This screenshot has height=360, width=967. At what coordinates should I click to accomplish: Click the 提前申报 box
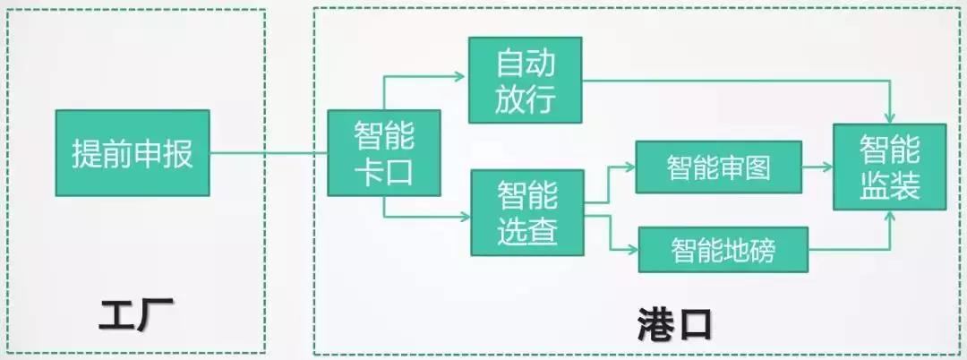(x=133, y=153)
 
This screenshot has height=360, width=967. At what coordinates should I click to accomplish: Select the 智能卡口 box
(x=383, y=153)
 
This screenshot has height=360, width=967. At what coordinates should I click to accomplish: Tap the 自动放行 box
(x=526, y=80)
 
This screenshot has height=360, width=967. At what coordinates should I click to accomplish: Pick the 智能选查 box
(x=527, y=212)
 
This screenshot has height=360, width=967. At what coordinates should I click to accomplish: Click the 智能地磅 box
(x=723, y=250)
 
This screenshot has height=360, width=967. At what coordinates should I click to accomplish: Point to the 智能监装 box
(x=890, y=167)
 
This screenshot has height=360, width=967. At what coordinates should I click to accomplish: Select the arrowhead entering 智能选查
(x=464, y=216)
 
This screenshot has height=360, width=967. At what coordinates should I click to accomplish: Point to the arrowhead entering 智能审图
(x=629, y=167)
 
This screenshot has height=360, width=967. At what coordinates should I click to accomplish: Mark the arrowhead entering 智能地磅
(x=631, y=248)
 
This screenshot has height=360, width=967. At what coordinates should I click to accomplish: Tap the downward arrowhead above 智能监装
(x=891, y=119)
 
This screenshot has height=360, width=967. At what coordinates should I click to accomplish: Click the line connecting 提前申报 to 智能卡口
(x=269, y=154)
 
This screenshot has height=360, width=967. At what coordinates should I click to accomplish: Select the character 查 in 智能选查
(x=543, y=231)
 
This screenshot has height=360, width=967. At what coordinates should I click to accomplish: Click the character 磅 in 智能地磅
(x=761, y=251)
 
